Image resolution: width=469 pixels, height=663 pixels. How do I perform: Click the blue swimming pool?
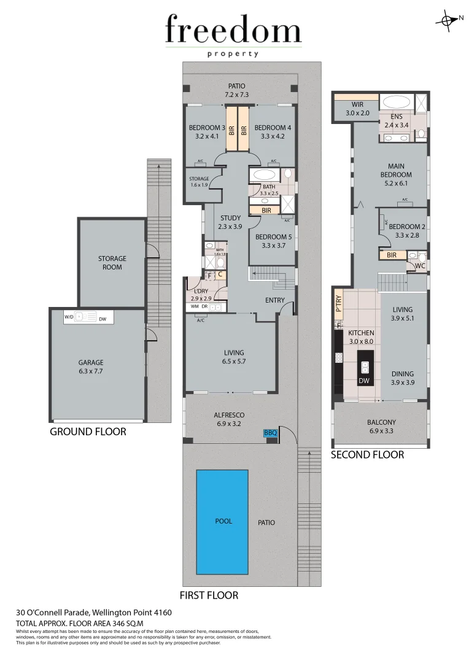click(x=222, y=521)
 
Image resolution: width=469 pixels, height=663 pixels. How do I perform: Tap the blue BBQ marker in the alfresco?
click(x=271, y=433)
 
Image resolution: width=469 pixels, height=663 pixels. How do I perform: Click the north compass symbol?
click(x=446, y=20)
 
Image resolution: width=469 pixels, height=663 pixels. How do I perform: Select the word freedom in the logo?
click(x=233, y=31)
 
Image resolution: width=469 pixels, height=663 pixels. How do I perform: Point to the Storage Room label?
click(x=112, y=263)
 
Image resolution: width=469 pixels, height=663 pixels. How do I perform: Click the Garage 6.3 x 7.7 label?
click(x=90, y=366)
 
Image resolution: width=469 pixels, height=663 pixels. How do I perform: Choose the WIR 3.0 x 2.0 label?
click(x=357, y=109)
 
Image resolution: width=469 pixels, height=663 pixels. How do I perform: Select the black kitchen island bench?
click(x=365, y=366)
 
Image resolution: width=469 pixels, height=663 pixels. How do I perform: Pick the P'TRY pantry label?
click(x=338, y=305)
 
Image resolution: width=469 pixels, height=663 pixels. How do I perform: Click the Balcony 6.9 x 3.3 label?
click(x=381, y=426)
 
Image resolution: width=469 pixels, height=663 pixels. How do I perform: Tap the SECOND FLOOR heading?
click(x=367, y=455)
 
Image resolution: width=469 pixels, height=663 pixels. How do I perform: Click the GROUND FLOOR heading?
click(x=88, y=432)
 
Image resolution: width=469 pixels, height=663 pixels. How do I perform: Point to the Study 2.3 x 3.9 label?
click(x=231, y=222)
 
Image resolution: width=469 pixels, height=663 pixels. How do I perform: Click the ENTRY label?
click(x=274, y=300)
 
